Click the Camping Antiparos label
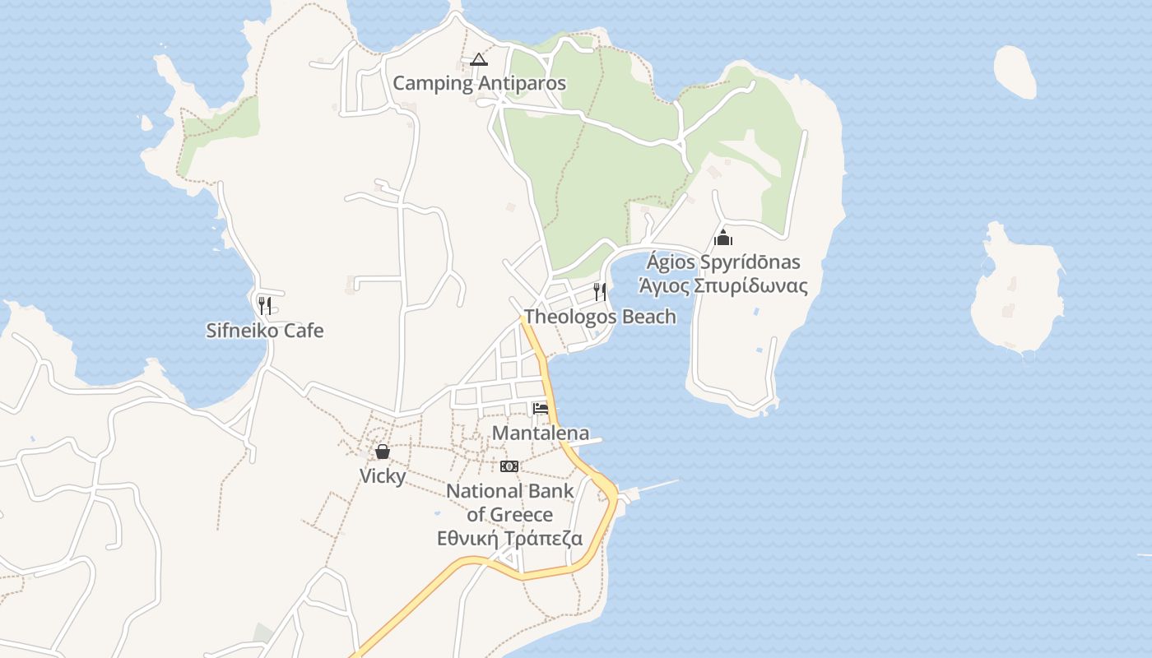(479, 83)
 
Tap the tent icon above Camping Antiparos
(479, 59)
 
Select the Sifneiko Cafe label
(264, 331)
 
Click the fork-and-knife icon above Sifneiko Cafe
(264, 306)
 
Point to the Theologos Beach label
(600, 317)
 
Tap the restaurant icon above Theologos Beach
(600, 292)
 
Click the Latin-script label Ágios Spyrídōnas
(722, 262)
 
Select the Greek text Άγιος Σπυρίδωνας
(722, 286)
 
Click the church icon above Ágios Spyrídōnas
(723, 239)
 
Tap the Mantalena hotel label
(541, 433)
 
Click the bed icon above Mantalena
(541, 409)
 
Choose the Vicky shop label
(383, 476)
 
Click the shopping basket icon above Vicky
(383, 452)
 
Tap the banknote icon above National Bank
(509, 466)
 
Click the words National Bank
(509, 491)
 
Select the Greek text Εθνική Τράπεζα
(509, 539)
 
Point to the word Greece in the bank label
(521, 515)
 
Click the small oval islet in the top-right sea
(1015, 72)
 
